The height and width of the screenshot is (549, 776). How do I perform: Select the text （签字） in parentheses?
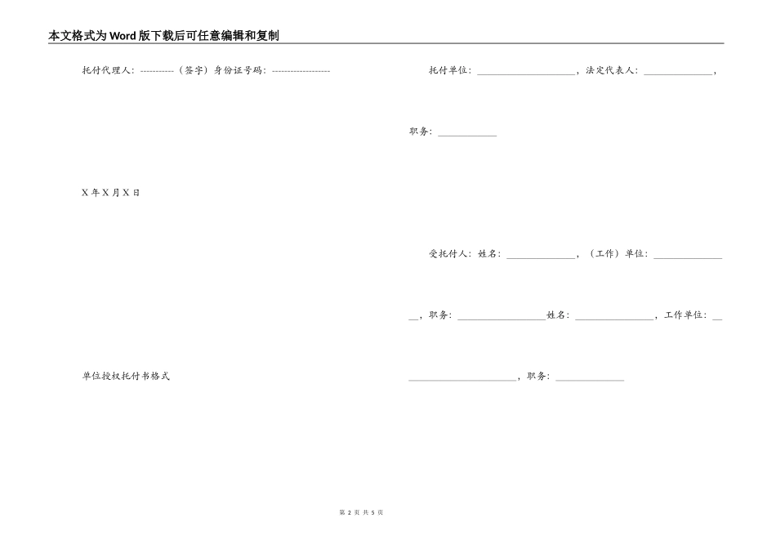[x=194, y=70]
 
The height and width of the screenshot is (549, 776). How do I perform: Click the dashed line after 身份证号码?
[x=301, y=70]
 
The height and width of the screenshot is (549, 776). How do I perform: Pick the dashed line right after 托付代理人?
[x=157, y=70]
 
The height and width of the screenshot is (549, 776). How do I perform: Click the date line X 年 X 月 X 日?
[x=111, y=193]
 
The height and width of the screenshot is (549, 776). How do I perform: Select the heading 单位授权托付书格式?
[x=126, y=377]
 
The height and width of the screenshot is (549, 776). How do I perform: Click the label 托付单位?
[x=448, y=70]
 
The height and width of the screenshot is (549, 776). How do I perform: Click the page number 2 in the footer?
[x=349, y=512]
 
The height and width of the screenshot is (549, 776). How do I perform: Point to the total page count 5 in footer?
[x=372, y=512]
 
